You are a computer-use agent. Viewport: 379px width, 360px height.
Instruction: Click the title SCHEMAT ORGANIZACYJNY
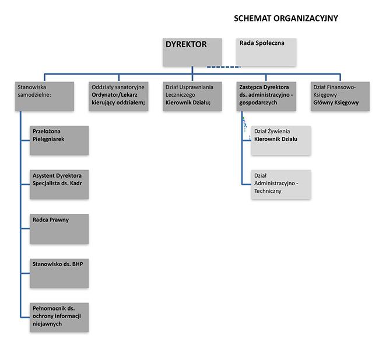click(286, 19)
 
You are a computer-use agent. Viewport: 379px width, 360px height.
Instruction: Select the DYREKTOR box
click(192, 52)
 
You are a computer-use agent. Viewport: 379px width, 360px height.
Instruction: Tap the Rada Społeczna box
click(266, 52)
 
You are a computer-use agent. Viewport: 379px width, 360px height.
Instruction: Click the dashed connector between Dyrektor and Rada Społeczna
click(223, 67)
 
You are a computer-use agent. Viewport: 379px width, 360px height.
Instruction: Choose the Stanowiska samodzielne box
click(44, 96)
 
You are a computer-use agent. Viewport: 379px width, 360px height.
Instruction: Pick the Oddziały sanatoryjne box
click(118, 96)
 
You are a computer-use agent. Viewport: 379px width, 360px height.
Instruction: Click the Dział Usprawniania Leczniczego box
click(192, 96)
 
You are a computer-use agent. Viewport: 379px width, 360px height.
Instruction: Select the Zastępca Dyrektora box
click(266, 96)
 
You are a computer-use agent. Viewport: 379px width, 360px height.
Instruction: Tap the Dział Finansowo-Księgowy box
click(340, 96)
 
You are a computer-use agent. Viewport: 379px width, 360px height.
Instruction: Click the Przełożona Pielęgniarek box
click(59, 140)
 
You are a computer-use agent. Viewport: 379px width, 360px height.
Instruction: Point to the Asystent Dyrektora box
click(59, 185)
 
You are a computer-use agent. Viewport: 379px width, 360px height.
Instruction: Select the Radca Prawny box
click(59, 229)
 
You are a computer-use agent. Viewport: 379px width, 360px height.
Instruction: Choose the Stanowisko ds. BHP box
click(59, 273)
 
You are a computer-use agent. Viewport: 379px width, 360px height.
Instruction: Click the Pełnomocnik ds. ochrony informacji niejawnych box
click(59, 317)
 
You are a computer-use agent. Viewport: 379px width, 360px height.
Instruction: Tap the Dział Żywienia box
click(281, 140)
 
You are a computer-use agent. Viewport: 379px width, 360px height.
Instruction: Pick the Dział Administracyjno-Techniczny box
click(281, 185)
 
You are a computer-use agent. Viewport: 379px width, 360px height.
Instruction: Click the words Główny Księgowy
click(336, 103)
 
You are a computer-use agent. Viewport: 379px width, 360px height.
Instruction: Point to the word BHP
click(78, 264)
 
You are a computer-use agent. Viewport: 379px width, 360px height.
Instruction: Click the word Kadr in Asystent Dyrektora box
click(76, 183)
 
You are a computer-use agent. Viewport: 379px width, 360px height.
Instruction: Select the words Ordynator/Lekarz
click(114, 94)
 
